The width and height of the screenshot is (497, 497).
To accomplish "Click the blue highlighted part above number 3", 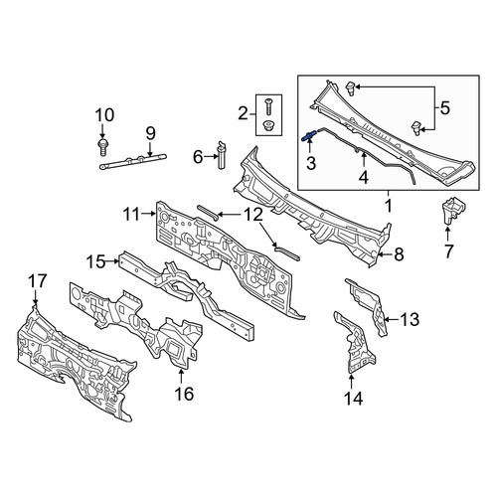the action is pos(309,136).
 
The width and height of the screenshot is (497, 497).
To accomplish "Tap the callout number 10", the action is pos(104,115).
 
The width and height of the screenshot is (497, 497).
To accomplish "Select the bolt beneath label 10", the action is pos(103,147).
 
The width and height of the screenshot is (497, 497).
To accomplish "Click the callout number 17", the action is pos(38,281).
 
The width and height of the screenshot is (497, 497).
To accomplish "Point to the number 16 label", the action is pos(184,394).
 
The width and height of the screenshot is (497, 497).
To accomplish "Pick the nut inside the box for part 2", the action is pos(268,126).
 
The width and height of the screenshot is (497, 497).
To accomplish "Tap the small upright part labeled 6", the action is pos(221,155).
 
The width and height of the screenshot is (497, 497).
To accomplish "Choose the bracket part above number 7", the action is pos(452,211).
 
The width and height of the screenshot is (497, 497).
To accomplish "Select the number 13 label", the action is pos(410,319).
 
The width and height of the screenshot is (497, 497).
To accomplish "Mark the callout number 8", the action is pos(399,254).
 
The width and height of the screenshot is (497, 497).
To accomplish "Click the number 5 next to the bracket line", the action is pos(444,108).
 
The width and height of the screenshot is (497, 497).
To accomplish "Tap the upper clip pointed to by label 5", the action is pos(351,88).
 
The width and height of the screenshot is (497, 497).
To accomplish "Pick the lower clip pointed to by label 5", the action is pos(415,128).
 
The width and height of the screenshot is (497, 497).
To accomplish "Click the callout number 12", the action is pos(253,215).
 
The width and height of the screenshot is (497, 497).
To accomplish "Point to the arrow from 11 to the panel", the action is pos(148,215).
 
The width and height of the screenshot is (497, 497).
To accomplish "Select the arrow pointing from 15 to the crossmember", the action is pos(112,261).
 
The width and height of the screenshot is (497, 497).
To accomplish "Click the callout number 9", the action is pos(150,133).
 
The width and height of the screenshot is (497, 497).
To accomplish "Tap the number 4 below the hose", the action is pos(364,177).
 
